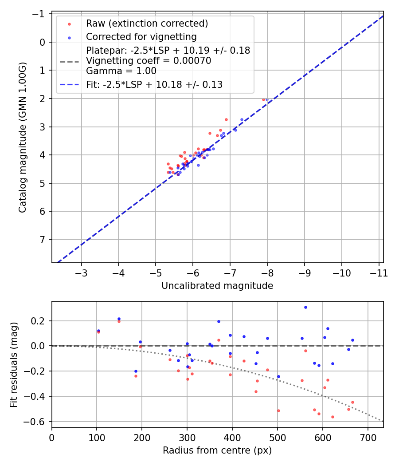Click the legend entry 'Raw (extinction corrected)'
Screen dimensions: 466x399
point(147,24)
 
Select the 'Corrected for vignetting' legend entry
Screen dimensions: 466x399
point(141,36)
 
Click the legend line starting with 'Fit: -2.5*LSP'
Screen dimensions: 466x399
point(154,84)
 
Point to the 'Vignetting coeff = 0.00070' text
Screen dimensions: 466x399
point(149,61)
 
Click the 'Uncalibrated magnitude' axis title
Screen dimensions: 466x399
point(217,286)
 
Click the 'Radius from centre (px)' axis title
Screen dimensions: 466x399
point(217,450)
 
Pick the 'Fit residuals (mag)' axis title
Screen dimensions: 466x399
point(14,364)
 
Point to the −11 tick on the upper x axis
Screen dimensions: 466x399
point(379,272)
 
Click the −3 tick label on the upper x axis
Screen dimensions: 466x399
point(81,272)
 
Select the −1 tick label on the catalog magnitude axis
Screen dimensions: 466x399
point(40,14)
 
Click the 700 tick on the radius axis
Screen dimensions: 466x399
point(368,437)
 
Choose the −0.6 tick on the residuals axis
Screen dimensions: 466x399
point(37,422)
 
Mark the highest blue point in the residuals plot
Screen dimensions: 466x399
point(305,307)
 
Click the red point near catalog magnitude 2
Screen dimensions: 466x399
point(263,99)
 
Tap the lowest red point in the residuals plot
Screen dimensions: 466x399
point(332,417)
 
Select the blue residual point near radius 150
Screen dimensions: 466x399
point(119,319)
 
